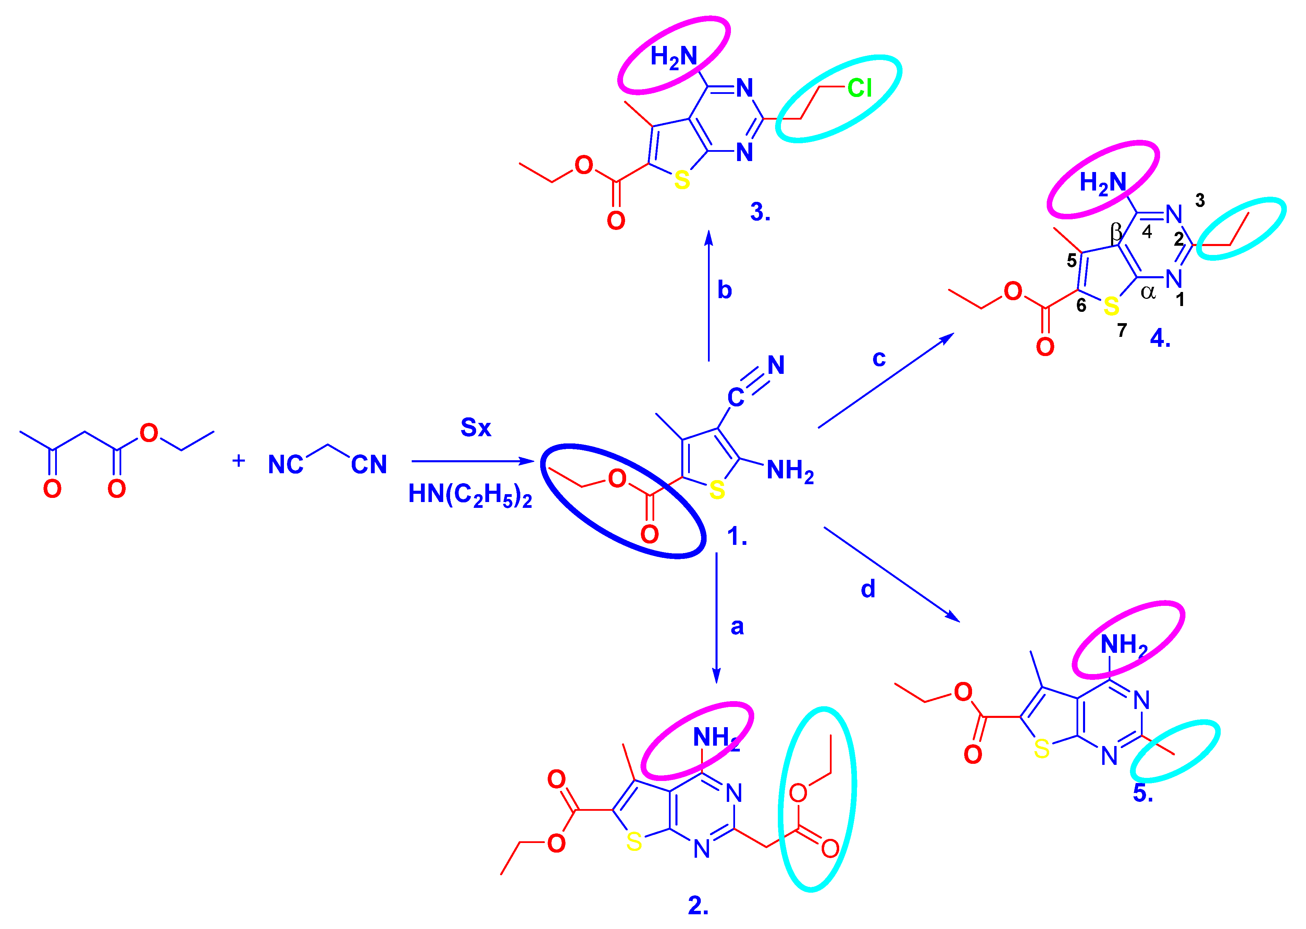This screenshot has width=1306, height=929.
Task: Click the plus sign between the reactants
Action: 238,461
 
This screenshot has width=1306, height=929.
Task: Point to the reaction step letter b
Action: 724,291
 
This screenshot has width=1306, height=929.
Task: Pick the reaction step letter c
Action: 879,359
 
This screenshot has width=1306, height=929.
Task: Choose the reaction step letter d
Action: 868,589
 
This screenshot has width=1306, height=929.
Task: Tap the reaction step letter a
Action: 737,627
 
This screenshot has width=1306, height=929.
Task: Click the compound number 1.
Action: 736,537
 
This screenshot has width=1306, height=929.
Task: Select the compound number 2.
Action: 698,906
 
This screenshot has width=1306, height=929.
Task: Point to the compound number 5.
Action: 1143,793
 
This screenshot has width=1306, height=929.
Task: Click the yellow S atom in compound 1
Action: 717,490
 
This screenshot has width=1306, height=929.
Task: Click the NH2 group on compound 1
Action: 789,471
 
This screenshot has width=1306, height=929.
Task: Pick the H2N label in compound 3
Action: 674,57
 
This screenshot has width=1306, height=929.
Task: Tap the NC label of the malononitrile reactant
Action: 285,465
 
